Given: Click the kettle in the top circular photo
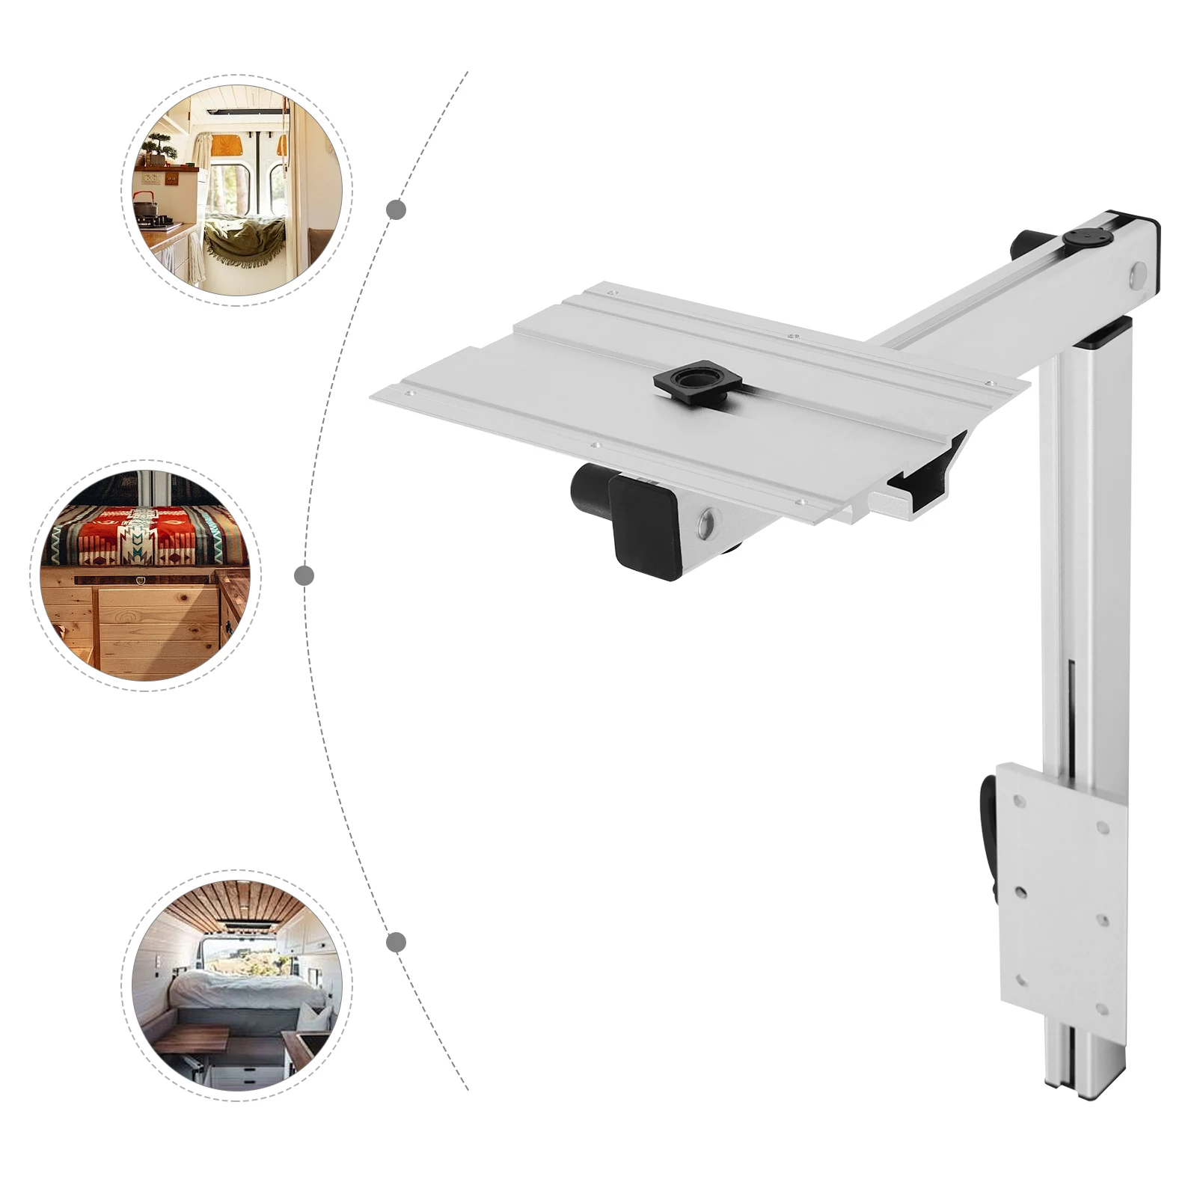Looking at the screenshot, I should tap(144, 203).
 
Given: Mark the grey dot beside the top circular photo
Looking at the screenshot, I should tap(397, 209).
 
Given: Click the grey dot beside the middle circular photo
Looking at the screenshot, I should tap(304, 575).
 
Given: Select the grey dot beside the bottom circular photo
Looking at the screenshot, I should tap(397, 942).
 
